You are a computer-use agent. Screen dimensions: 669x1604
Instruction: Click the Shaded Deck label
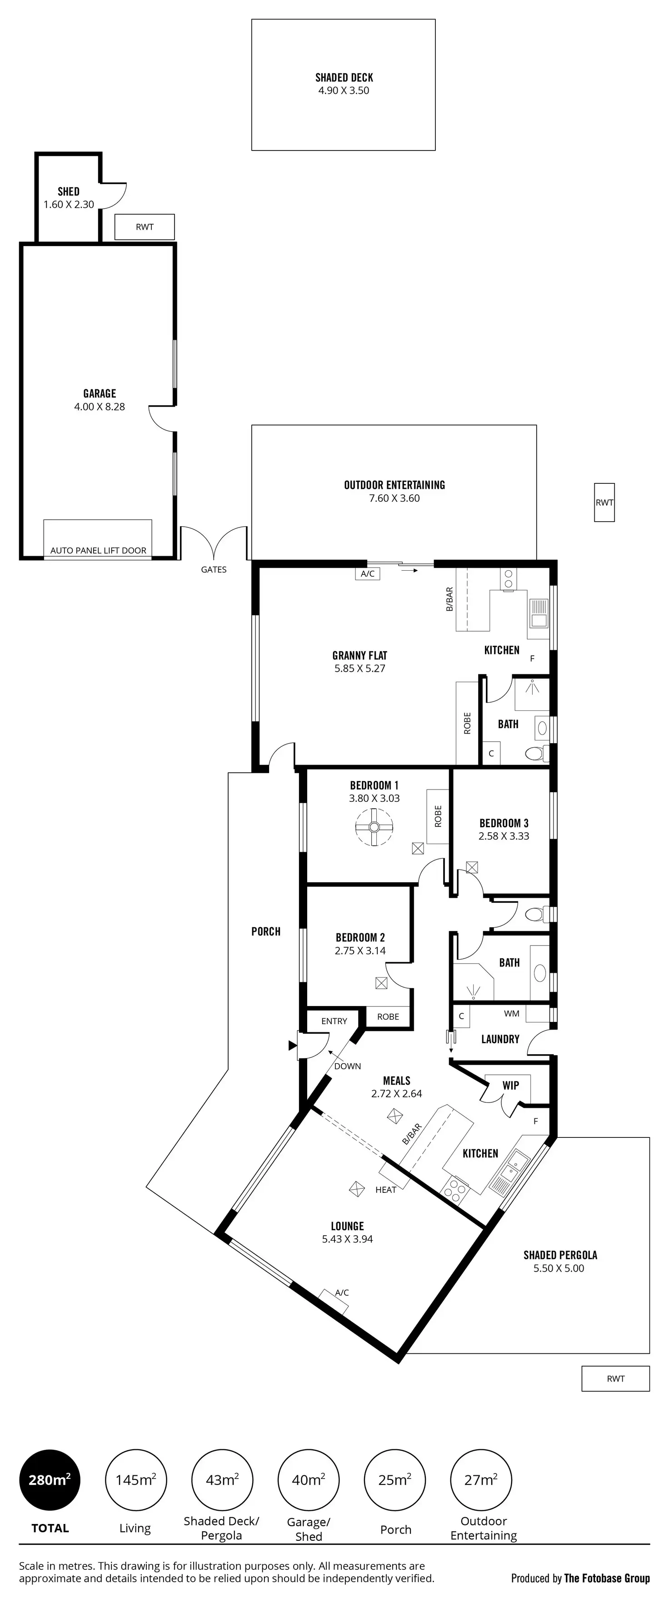[x=344, y=78]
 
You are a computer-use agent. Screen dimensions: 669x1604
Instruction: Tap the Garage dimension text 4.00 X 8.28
[x=100, y=407]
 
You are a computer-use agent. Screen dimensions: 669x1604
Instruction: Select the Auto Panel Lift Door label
[x=98, y=550]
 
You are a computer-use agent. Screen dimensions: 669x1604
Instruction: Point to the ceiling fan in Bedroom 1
[x=374, y=827]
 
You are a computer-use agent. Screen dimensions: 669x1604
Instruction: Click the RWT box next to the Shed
[x=145, y=226]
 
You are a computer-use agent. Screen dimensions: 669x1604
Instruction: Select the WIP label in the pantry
[x=511, y=1085]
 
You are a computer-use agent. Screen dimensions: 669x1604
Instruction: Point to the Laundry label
[x=500, y=1039]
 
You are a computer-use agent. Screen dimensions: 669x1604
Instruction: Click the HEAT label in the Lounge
[x=386, y=1189]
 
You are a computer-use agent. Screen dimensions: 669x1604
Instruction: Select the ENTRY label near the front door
[x=334, y=1021]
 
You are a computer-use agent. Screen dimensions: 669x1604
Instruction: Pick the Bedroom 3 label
[x=504, y=823]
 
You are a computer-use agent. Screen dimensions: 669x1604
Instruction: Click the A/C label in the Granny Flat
[x=368, y=573]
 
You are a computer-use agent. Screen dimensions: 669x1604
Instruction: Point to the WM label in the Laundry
[x=512, y=1013]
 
